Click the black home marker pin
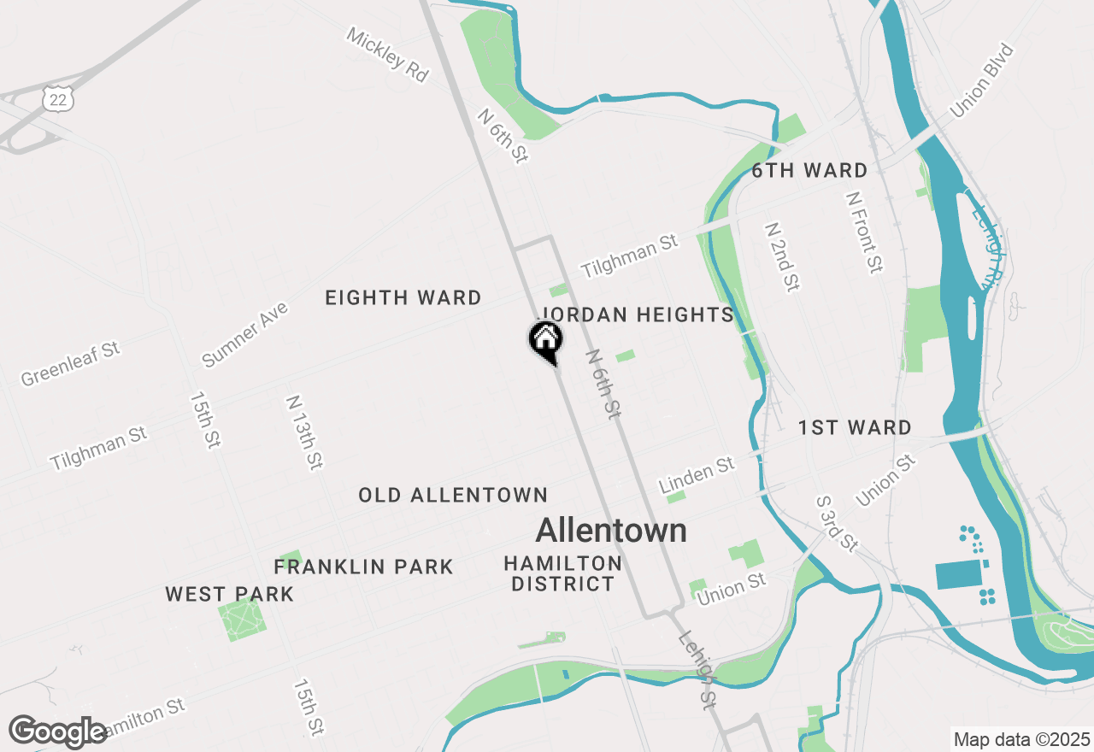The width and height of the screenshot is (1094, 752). click(x=545, y=341)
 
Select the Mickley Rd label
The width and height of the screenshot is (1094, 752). click(x=387, y=54)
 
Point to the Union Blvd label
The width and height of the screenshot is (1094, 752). click(x=981, y=81)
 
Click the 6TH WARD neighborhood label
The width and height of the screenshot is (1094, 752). click(x=809, y=171)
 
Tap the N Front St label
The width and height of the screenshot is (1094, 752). click(x=862, y=232)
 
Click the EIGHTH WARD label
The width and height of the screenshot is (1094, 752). click(x=403, y=298)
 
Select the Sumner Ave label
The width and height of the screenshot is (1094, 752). click(x=244, y=334)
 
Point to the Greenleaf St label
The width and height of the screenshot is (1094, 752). click(x=70, y=363)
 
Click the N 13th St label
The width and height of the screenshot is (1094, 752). click(x=304, y=432)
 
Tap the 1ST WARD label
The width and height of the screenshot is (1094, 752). click(x=855, y=428)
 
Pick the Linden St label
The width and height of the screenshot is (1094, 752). click(x=697, y=475)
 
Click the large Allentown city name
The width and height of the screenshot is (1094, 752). click(x=611, y=531)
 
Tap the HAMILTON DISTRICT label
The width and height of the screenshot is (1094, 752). click(x=562, y=573)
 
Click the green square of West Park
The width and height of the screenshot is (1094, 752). click(x=242, y=620)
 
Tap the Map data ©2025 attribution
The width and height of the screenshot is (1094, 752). click(x=1021, y=739)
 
